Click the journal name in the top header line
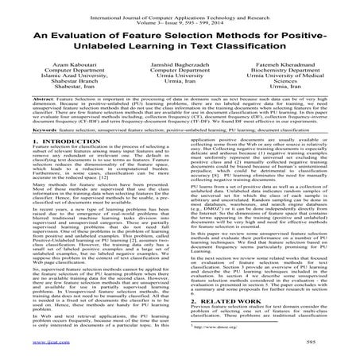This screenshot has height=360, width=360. click(180, 6)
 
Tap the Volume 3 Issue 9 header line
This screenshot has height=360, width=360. click(180, 13)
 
